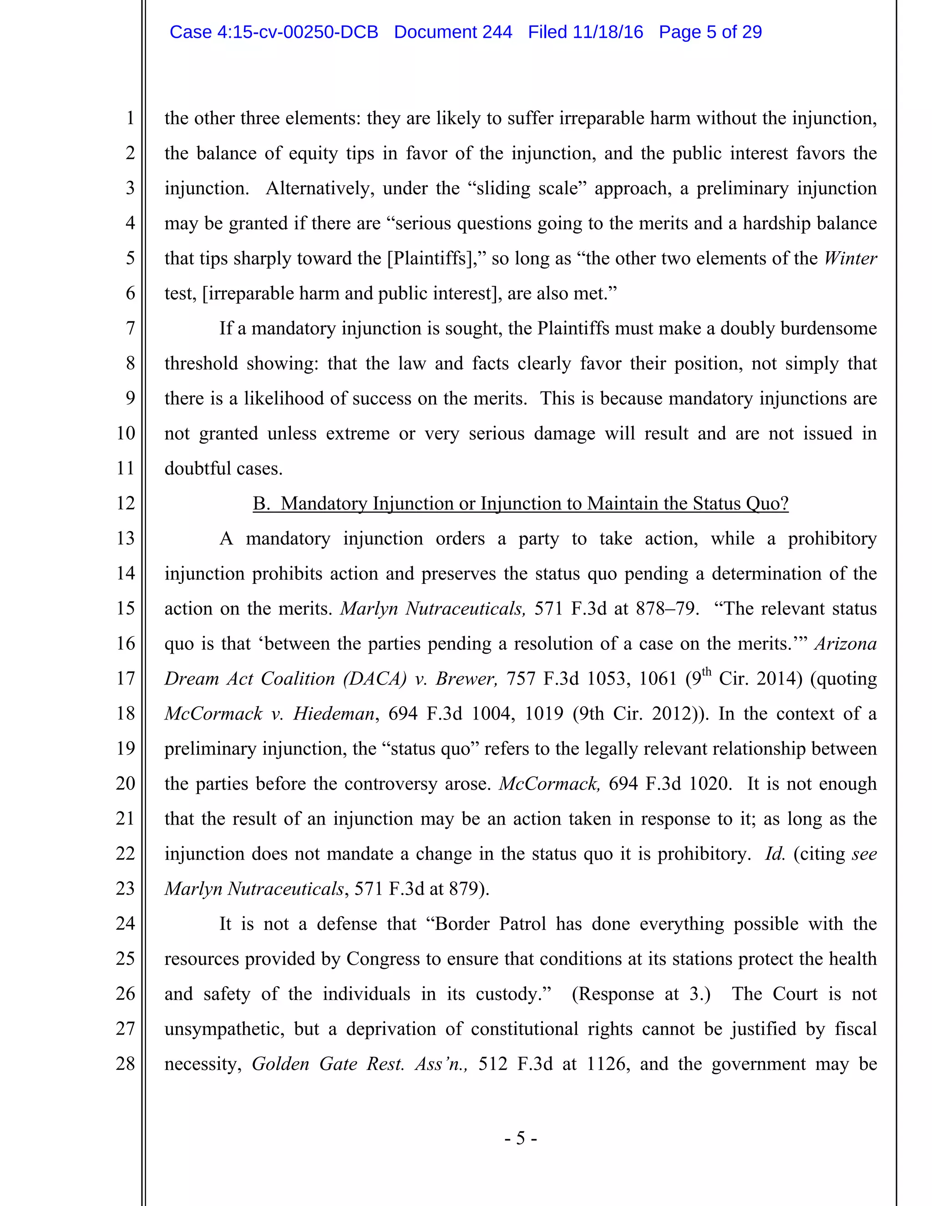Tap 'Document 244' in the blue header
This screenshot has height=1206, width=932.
[x=453, y=32]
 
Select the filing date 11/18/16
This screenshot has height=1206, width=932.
[x=608, y=32]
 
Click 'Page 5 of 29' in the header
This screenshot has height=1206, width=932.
[x=710, y=32]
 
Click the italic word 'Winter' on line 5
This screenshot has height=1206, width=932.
[x=850, y=258]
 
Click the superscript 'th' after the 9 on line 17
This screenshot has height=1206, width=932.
[x=706, y=673]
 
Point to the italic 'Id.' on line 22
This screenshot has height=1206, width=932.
[x=775, y=854]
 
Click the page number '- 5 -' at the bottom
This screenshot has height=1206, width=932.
[x=520, y=1138]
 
